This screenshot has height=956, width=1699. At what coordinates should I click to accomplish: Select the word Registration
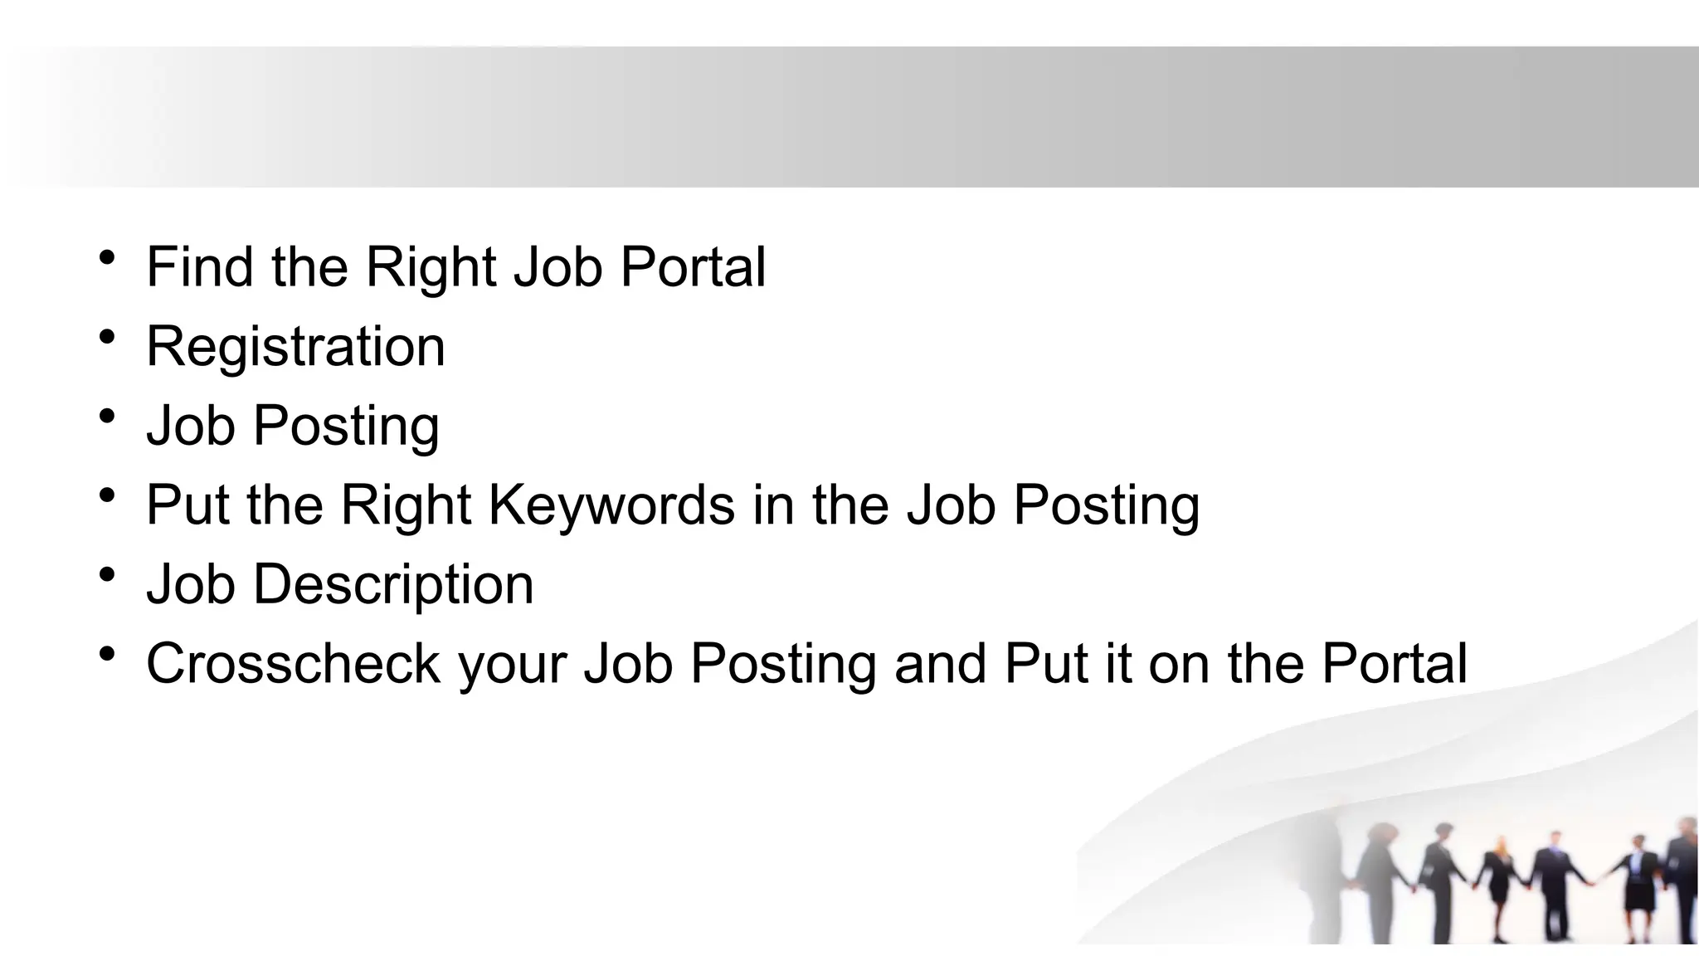coord(295,346)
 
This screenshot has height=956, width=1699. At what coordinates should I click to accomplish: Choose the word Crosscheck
coord(293,664)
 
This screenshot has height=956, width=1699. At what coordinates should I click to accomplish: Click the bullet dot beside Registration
coord(106,337)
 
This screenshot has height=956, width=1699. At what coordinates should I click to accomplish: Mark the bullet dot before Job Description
coord(106,575)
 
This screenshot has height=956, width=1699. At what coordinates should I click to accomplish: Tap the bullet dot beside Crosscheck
coord(106,655)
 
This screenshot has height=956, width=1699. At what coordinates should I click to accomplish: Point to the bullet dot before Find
coord(106,257)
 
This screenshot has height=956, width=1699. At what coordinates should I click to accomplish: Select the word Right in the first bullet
coord(431,268)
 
